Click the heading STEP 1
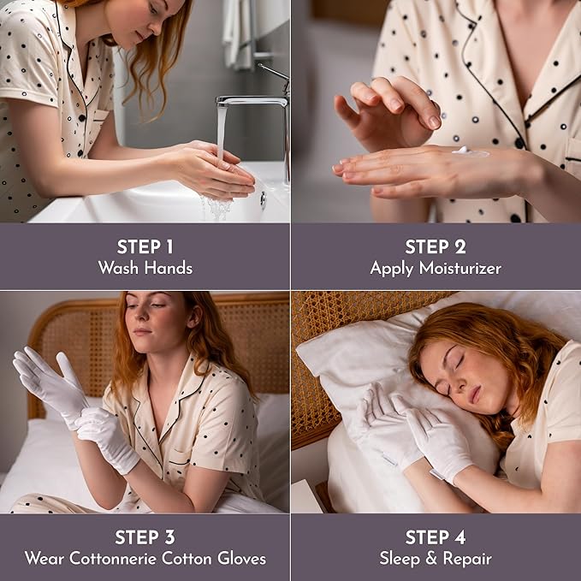[x=145, y=247]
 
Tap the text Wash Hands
[x=145, y=268]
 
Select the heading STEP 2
[x=436, y=247]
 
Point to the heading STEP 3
[x=145, y=537]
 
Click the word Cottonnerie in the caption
[x=143, y=559]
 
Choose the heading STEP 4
[x=436, y=537]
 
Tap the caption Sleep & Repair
[x=436, y=559]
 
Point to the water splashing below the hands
[x=217, y=205]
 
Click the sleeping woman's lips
[x=473, y=394]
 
